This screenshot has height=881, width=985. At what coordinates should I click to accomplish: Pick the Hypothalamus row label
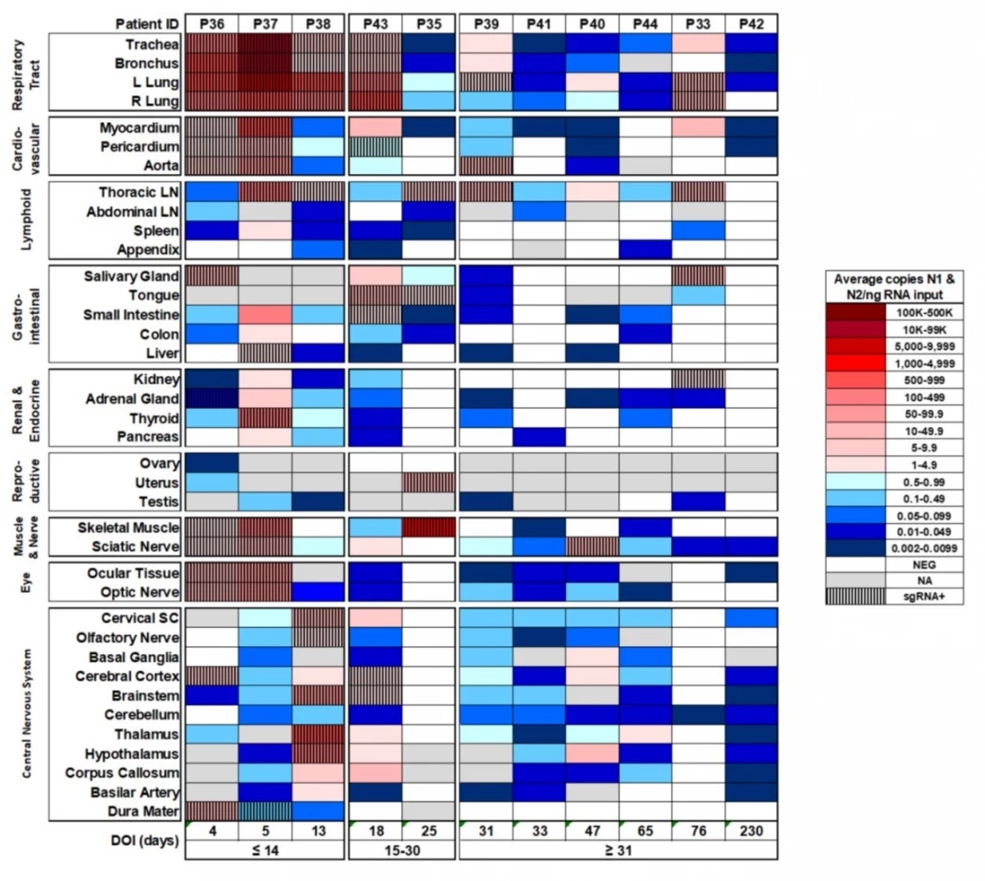(144, 752)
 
